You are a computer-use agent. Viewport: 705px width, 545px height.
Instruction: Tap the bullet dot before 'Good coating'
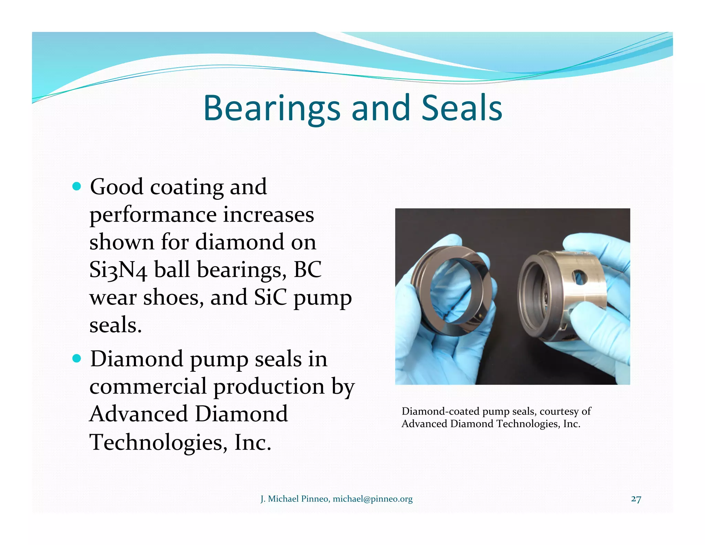pos(77,187)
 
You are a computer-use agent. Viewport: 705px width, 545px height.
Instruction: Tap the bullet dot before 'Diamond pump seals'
pos(77,359)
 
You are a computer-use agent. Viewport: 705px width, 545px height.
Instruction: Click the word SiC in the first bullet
pos(270,297)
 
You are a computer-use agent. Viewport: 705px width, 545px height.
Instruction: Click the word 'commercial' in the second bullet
pos(148,387)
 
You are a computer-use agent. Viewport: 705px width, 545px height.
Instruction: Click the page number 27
pos(636,499)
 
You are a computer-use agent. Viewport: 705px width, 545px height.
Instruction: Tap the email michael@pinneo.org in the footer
pos(372,499)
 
